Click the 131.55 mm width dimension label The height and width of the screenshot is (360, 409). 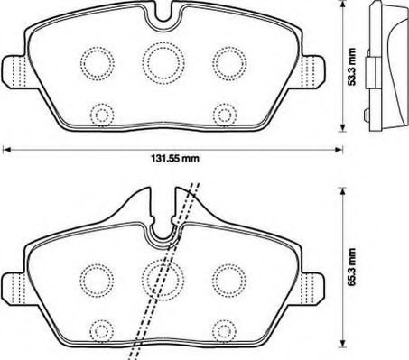(174, 158)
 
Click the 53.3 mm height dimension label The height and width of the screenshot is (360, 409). (351, 67)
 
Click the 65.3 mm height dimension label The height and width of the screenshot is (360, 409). (351, 267)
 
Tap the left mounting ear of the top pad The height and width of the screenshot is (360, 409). (14, 72)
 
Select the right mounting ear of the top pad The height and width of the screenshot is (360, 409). (313, 72)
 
